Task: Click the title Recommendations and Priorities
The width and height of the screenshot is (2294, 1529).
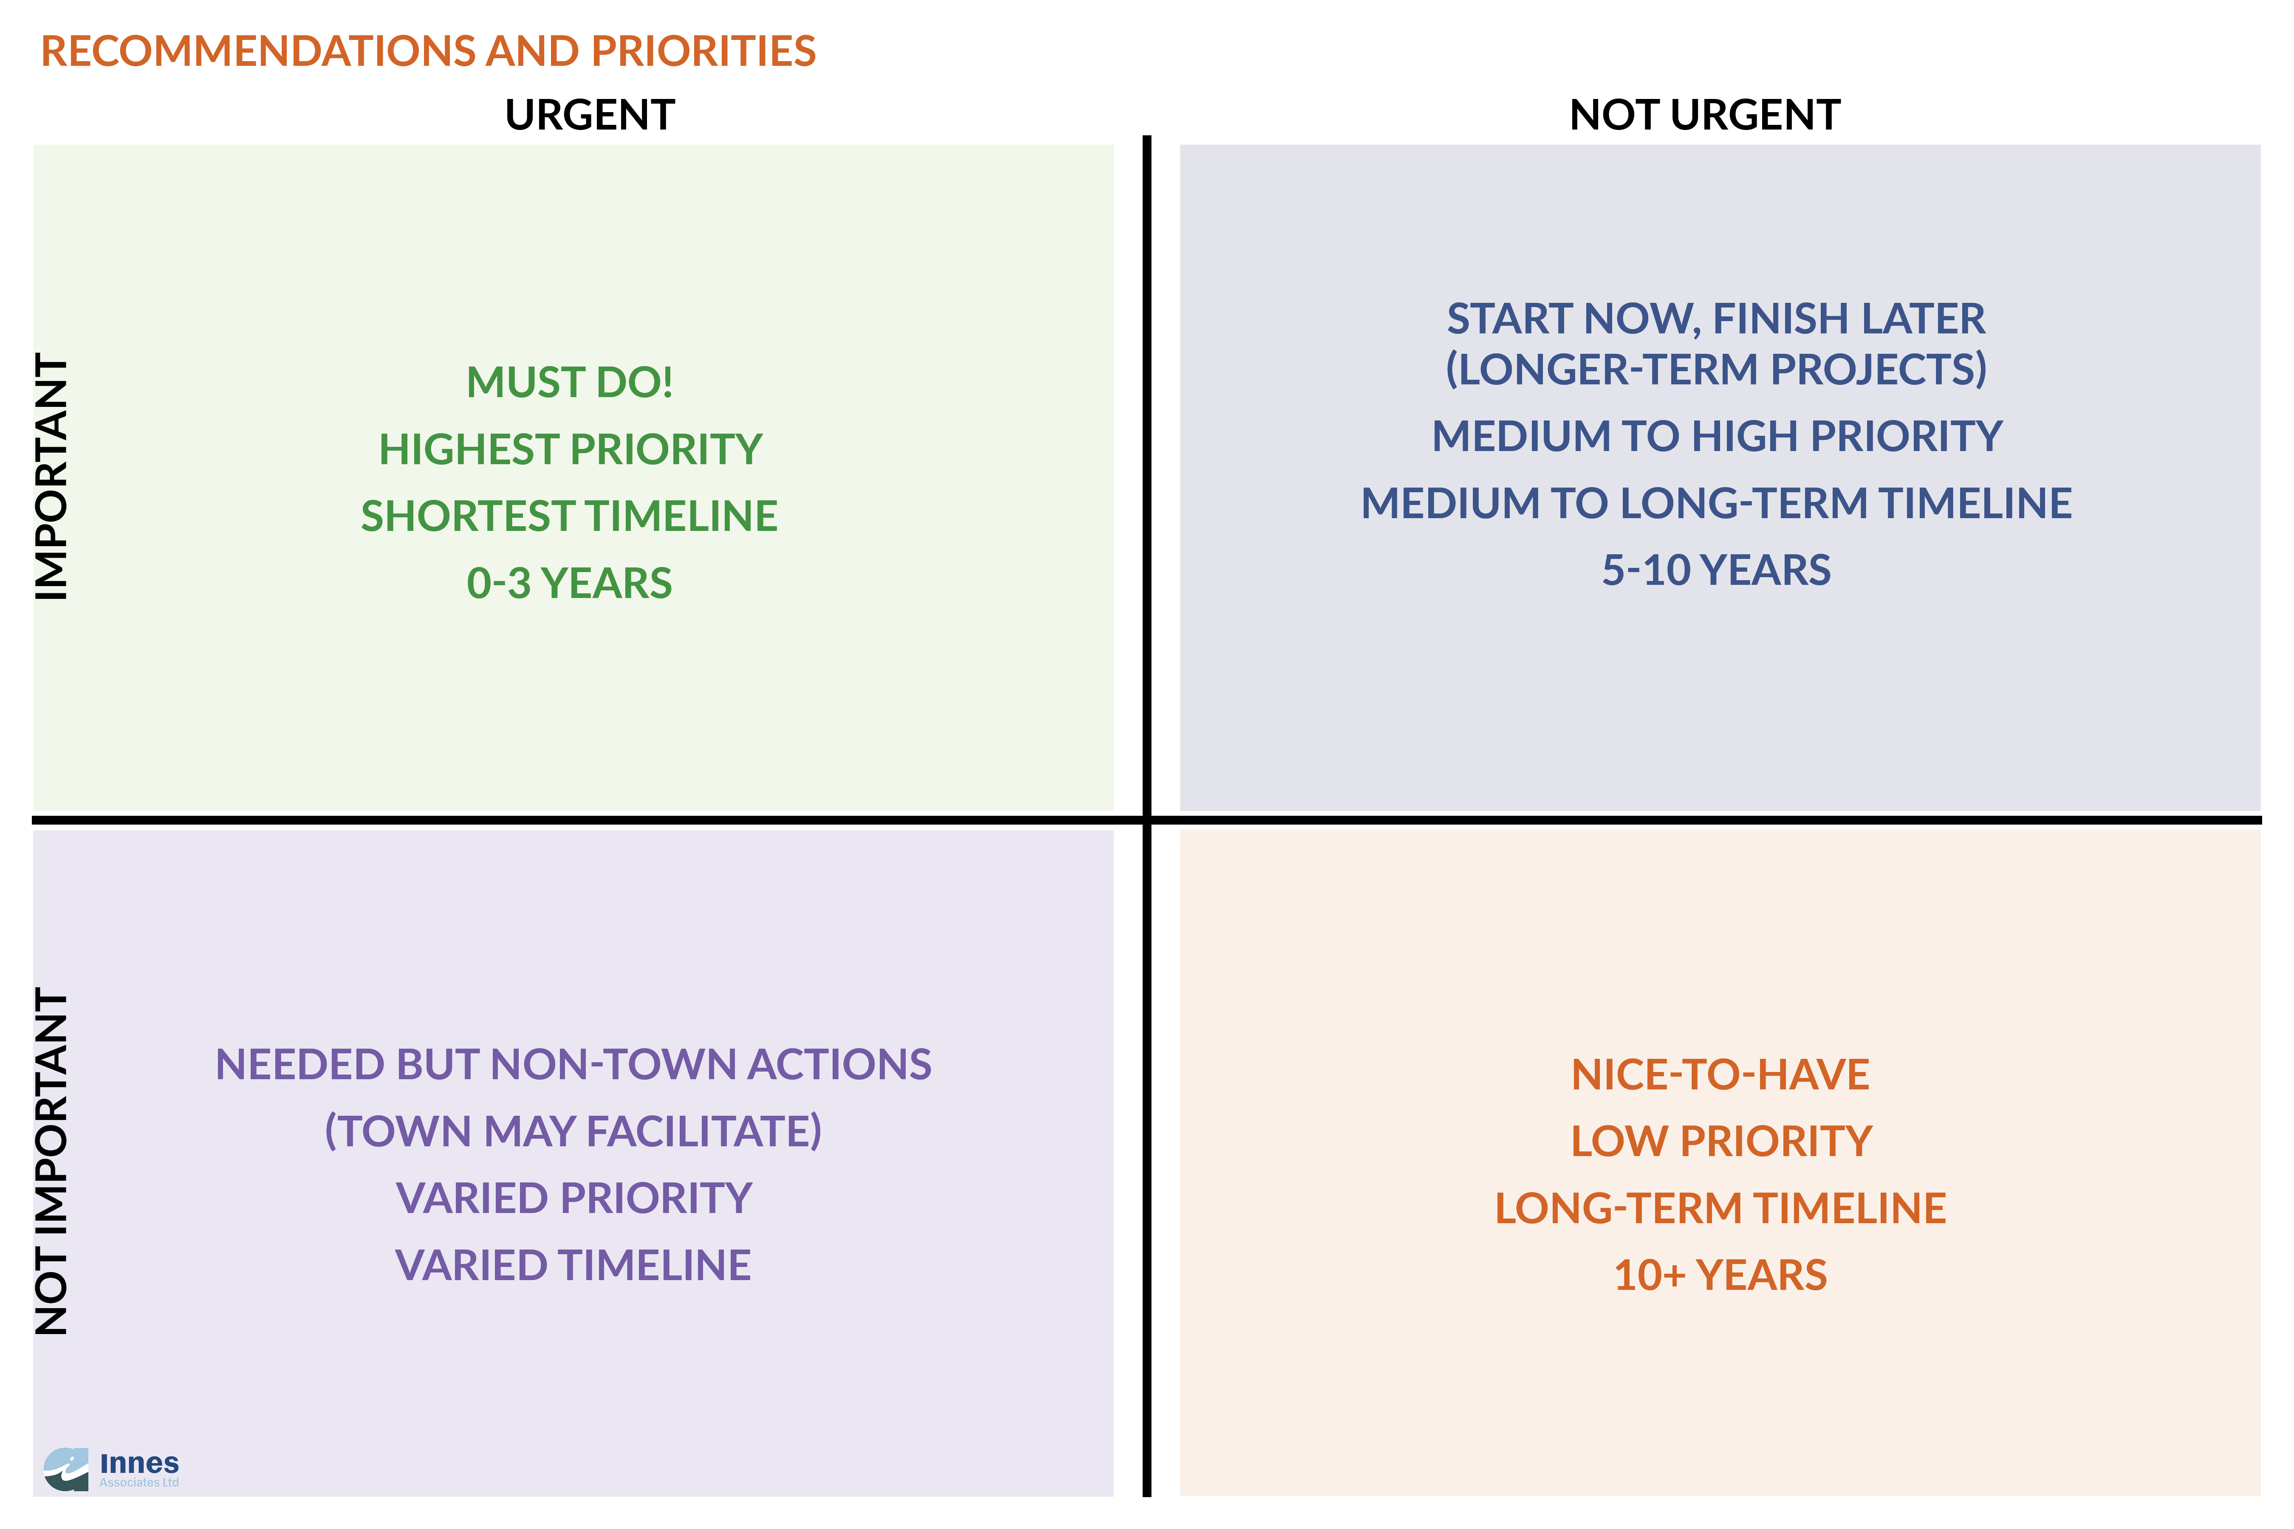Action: pos(428,51)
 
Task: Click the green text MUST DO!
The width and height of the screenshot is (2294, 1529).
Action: pos(570,382)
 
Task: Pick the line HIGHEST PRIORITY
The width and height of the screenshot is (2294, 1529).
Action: pos(571,449)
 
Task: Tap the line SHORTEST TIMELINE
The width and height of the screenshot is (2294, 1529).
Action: pos(570,516)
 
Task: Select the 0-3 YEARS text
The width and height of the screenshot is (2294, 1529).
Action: pos(570,583)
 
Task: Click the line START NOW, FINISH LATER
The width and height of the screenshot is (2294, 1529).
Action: pos(1716,319)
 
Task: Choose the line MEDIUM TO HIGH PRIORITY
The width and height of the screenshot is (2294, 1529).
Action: pos(1717,436)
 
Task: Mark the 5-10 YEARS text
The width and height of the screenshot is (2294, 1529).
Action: pos(1717,570)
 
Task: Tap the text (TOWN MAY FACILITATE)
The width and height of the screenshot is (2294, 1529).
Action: pos(573,1131)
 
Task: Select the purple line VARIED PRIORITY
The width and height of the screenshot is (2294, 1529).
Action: pos(573,1199)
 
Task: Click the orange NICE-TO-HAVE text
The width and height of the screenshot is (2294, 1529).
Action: pos(1720,1075)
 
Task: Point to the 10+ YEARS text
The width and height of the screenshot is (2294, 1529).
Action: pos(1720,1275)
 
